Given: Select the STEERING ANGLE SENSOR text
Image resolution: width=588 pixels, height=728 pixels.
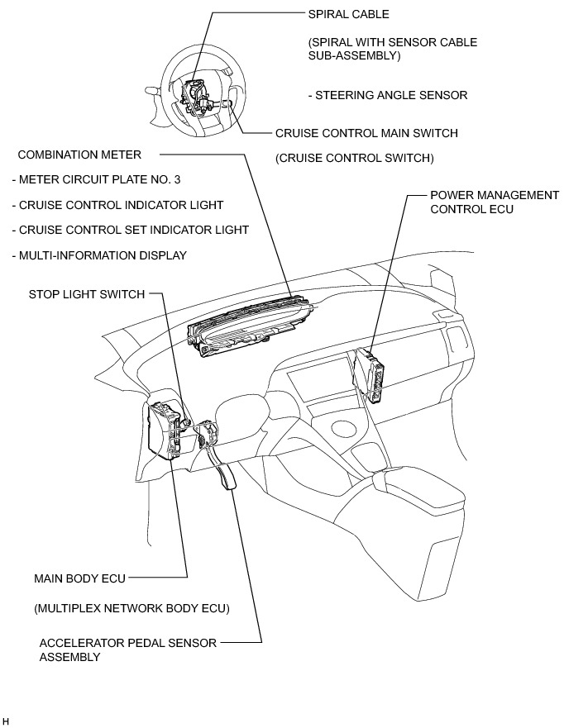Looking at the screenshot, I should click(x=387, y=95).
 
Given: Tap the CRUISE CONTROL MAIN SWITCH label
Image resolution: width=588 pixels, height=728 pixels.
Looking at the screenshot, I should click(x=366, y=133).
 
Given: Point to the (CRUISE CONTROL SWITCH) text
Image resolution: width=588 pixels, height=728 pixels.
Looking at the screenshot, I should click(x=355, y=158).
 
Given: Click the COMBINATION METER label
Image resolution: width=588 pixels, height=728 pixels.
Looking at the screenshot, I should click(x=79, y=155).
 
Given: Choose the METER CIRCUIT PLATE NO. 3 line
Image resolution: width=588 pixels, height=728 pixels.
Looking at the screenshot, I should click(x=96, y=179).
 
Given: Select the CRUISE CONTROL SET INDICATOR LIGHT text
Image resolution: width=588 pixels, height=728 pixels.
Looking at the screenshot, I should click(x=130, y=230).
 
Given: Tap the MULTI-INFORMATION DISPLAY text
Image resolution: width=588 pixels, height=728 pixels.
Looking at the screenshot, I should click(x=99, y=255).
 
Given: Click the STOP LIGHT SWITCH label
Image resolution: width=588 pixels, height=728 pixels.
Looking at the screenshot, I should click(x=86, y=294).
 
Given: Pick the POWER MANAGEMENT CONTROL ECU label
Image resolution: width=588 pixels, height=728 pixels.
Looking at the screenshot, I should click(x=495, y=202).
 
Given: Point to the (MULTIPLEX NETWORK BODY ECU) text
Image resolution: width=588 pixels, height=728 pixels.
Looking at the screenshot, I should click(x=131, y=609).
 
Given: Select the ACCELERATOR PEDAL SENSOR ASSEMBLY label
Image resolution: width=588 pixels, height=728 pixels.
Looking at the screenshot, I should click(x=128, y=649).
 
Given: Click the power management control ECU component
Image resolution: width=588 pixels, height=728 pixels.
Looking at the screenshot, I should click(x=370, y=376).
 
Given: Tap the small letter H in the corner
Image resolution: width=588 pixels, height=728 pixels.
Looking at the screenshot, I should click(x=6, y=721).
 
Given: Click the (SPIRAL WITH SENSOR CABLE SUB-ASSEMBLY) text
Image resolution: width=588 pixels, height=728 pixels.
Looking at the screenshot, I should click(x=392, y=48).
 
